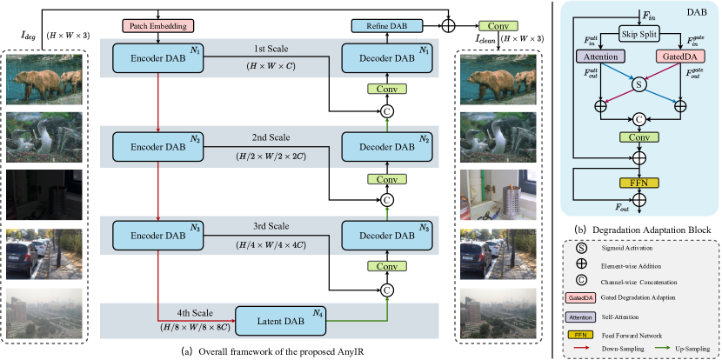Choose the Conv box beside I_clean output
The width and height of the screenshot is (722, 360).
click(x=498, y=27)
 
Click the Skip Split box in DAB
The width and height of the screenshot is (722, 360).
click(x=641, y=35)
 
